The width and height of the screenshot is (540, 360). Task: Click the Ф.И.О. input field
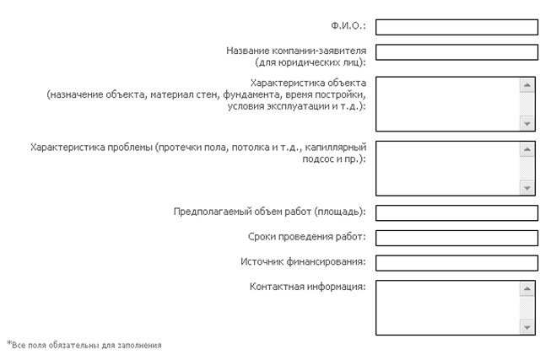[x=456, y=27]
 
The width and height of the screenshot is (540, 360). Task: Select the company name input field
[x=456, y=52]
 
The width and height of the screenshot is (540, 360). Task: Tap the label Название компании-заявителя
[x=295, y=51]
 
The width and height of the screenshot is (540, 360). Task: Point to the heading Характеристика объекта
[x=309, y=83]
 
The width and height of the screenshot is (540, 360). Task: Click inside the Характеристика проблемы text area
[x=447, y=168]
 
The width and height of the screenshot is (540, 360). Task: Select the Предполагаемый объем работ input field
[x=456, y=212]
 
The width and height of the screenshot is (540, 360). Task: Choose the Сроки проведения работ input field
[x=456, y=238]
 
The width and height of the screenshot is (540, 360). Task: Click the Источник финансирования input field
[x=456, y=262]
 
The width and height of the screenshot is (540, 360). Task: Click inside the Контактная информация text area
[x=447, y=308]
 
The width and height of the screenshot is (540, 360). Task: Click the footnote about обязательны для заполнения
[x=84, y=345]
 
